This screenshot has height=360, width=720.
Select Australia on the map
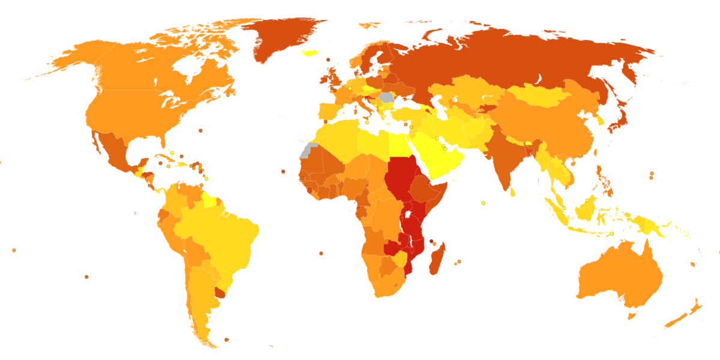[618, 276]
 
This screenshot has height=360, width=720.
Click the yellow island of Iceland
[310, 52]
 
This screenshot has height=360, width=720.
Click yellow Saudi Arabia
[444, 156]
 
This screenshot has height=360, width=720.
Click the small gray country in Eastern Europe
[386, 97]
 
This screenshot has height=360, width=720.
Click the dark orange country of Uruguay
[221, 293]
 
